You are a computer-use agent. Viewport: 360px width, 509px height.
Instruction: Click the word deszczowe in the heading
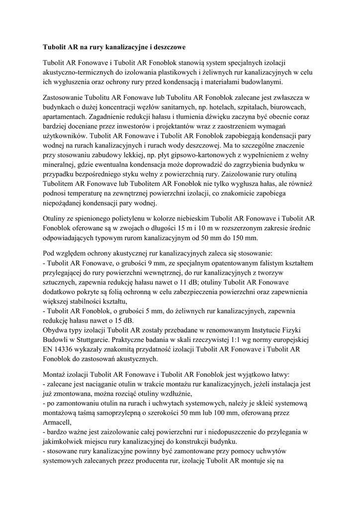pyautogui.click(x=166, y=48)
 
